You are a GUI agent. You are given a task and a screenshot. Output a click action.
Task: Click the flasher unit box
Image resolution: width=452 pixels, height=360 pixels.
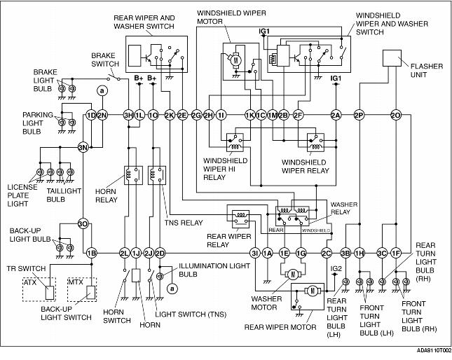[392, 58]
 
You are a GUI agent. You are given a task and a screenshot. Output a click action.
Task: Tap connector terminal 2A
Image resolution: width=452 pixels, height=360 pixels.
[336, 115]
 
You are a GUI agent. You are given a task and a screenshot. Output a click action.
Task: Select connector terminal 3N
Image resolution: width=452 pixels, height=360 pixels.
[83, 148]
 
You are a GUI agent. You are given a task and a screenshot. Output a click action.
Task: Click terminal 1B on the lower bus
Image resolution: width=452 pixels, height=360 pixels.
[92, 254]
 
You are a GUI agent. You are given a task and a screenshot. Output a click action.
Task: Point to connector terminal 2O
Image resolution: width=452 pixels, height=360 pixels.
[396, 115]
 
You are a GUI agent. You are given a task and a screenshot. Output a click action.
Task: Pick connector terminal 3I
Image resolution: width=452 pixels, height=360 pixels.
[255, 254]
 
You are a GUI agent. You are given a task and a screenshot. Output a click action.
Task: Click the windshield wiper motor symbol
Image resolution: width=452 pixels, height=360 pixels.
[236, 60]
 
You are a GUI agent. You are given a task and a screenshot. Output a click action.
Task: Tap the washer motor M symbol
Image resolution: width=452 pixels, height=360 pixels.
[293, 274]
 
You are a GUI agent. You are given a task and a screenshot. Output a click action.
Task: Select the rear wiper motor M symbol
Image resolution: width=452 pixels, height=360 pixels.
[313, 291]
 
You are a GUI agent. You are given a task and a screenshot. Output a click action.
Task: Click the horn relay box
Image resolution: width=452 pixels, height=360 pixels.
[133, 175]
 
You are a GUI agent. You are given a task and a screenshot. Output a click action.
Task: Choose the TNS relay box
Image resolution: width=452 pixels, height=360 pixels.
[157, 175]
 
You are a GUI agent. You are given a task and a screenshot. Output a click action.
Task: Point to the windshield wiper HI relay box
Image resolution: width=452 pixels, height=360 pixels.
[235, 142]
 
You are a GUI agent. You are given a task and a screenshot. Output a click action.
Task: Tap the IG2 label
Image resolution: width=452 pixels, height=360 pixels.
[336, 269]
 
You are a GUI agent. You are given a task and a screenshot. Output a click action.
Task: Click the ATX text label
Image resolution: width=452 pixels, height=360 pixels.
[30, 282]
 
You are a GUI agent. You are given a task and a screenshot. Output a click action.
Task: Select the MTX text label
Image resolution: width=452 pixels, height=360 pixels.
[75, 282]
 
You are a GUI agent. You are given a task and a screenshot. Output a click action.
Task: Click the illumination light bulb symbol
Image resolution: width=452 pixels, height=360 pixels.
[159, 276]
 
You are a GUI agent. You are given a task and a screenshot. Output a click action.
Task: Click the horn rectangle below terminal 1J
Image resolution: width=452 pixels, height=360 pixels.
[136, 276]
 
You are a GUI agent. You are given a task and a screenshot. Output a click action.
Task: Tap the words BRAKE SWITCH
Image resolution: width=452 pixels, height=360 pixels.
[105, 60]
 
